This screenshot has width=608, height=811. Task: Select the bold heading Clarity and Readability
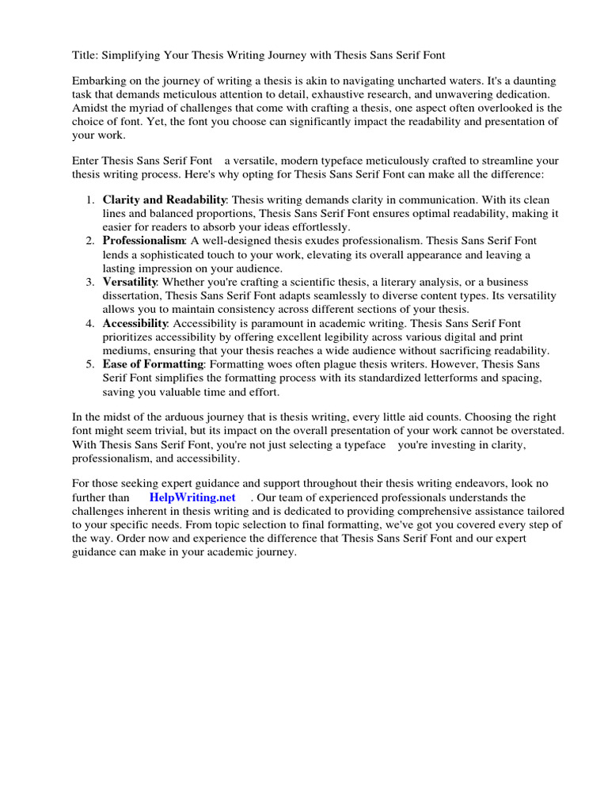[165, 200]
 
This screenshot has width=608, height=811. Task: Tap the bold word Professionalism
[144, 241]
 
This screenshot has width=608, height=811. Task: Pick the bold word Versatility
[130, 282]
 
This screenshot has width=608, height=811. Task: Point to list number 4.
[91, 323]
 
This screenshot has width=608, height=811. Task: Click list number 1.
[91, 200]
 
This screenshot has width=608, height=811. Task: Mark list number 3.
[91, 282]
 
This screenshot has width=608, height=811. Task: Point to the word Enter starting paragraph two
[86, 160]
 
